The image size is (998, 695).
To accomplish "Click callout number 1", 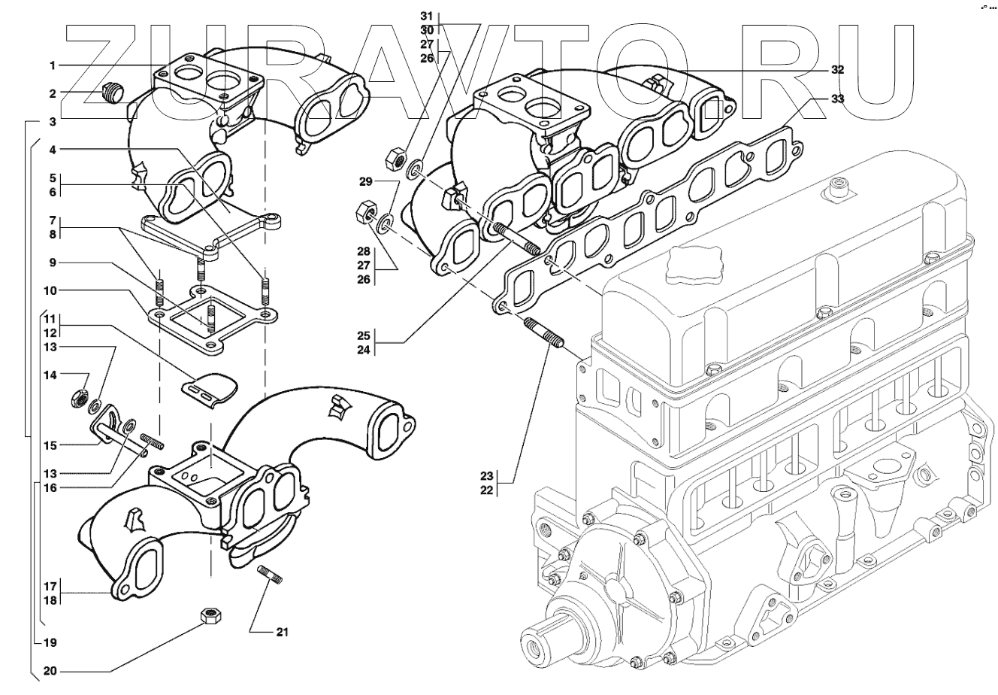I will pos(53,66).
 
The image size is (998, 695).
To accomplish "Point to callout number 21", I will pos(281,631).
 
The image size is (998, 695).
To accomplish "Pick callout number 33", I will pos(837,99).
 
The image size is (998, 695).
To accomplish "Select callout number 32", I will pos(837,69).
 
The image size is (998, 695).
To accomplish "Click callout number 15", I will pos(50,445).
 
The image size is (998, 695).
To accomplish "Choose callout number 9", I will pos(53,263).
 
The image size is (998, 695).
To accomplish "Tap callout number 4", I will pos(53,150).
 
